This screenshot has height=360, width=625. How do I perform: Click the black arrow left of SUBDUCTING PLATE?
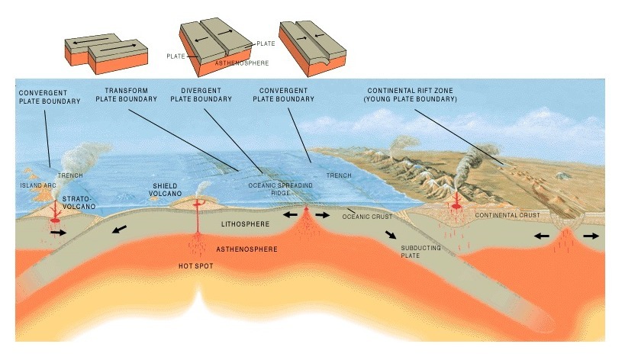pyautogui.click(x=391, y=236)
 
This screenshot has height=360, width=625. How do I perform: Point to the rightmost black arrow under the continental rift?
pyautogui.click(x=591, y=236)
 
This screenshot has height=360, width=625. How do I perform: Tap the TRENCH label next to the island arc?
pyautogui.click(x=69, y=176)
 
